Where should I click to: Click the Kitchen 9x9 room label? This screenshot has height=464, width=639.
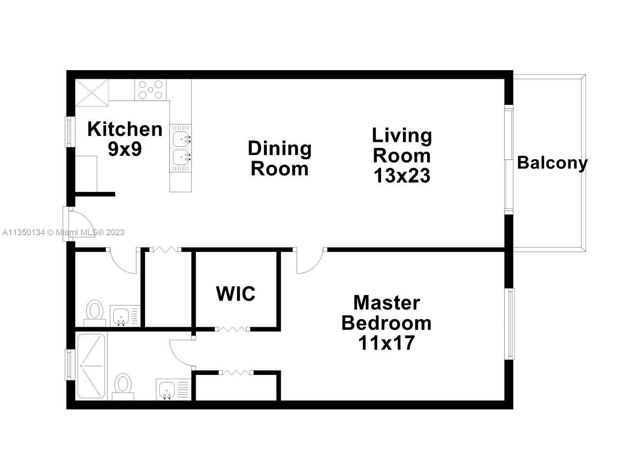(125, 139)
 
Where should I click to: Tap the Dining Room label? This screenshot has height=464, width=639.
(280, 158)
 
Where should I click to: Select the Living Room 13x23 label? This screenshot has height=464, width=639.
(402, 155)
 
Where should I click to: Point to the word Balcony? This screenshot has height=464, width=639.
(552, 163)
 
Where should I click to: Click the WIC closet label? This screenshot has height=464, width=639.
(236, 294)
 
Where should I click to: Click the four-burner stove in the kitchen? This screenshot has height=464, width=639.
(151, 90)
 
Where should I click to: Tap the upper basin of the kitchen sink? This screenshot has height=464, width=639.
(181, 138)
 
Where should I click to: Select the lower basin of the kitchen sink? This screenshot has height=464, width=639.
(181, 157)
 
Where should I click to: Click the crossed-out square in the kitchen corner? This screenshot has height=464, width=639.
(92, 93)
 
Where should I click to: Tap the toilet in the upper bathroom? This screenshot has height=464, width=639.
(95, 313)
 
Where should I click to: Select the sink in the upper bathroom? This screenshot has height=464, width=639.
(121, 316)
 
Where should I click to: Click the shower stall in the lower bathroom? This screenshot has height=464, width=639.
(91, 366)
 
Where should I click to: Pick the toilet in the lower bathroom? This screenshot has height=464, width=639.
(123, 387)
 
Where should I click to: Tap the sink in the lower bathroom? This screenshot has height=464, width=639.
(167, 389)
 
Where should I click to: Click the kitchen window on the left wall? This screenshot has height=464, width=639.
(69, 132)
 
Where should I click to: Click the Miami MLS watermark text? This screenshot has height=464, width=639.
(63, 232)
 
